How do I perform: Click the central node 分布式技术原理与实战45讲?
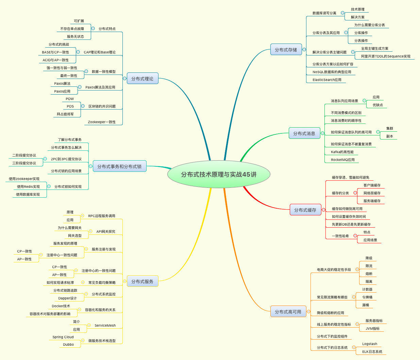pyautogui.click(x=219, y=175)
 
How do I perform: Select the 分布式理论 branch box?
pyautogui.click(x=142, y=79)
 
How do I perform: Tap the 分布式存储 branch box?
pyautogui.click(x=286, y=50)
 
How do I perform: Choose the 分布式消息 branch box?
pyautogui.click(x=304, y=133)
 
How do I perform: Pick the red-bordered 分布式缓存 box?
pyautogui.click(x=305, y=210)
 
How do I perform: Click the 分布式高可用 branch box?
pyautogui.click(x=288, y=312)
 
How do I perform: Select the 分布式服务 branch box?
pyautogui.click(x=142, y=281)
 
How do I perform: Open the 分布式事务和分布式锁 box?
pyautogui.click(x=119, y=166)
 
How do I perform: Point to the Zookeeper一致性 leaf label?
pyautogui.click(x=102, y=122)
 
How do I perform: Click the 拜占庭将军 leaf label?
pyautogui.click(x=65, y=114)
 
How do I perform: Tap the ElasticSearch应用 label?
pyautogui.click(x=327, y=80)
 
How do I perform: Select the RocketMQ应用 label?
pyautogui.click(x=342, y=160)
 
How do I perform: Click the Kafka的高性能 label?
pyautogui.click(x=342, y=152)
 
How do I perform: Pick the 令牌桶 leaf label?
pyautogui.click(x=367, y=297)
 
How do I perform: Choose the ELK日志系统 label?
pyautogui.click(x=372, y=351)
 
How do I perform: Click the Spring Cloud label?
pyautogui.click(x=63, y=337)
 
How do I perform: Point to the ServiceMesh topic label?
pyautogui.click(x=105, y=325)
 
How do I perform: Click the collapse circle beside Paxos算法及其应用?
pyautogui.click(x=80, y=87)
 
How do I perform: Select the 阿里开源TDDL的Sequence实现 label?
pyautogui.click(x=386, y=56)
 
